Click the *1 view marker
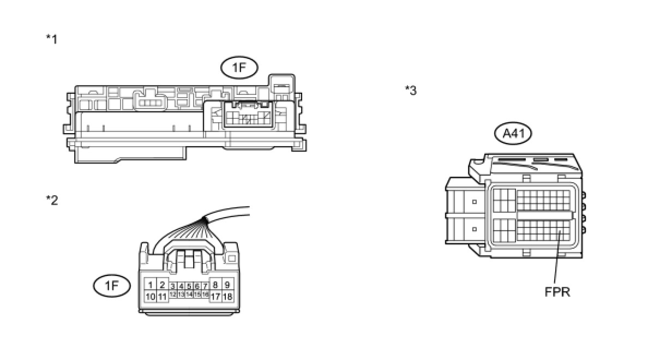(52, 39)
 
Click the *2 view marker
(52, 200)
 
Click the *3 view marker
(411, 91)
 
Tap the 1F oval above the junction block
(239, 68)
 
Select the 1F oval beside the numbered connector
(112, 286)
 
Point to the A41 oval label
(513, 134)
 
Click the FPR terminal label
(557, 292)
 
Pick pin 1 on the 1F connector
(150, 285)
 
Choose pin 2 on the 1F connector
(162, 285)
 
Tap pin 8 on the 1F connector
(215, 285)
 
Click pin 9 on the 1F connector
(228, 285)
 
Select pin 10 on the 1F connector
(150, 297)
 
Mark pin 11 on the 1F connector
(162, 297)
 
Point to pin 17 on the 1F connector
(215, 297)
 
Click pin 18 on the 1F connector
(228, 297)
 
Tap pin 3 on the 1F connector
(172, 286)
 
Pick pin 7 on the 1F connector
(205, 286)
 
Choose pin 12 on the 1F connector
(172, 295)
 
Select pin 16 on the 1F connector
(205, 295)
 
